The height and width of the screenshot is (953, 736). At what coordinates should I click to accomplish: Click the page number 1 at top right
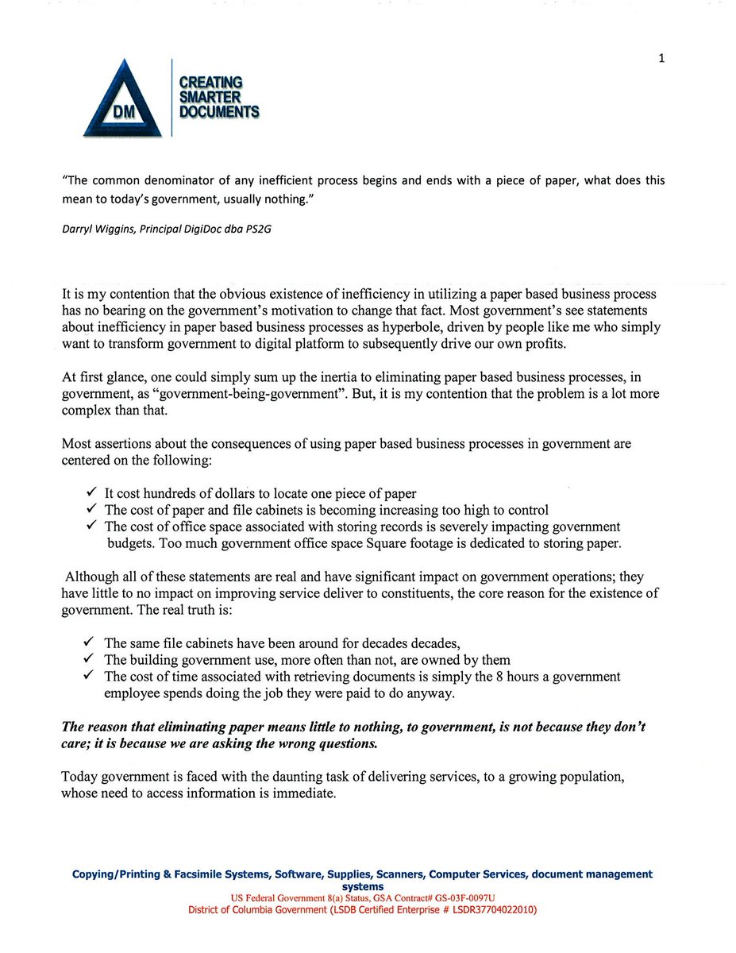click(x=661, y=57)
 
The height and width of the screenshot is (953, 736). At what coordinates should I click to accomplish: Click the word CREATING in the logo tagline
click(x=210, y=83)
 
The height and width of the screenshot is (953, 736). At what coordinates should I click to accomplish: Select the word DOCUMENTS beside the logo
click(x=219, y=113)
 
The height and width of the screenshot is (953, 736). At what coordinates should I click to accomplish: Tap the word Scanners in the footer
click(x=395, y=874)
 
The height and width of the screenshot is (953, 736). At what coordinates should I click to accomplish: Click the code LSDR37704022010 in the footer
click(x=483, y=910)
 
